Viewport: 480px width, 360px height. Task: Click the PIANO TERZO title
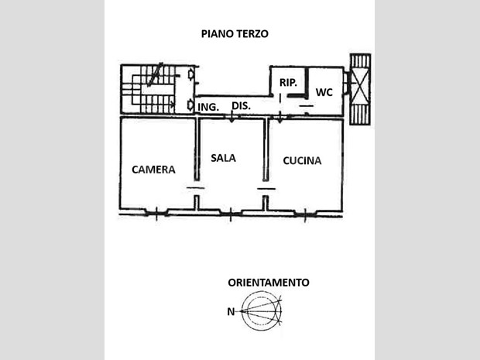pyautogui.click(x=235, y=33)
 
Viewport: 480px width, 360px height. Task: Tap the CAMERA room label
pyautogui.click(x=153, y=170)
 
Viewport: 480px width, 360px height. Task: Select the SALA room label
pyautogui.click(x=224, y=158)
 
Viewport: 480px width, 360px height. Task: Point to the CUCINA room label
pyautogui.click(x=302, y=160)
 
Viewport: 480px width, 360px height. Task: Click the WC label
pyautogui.click(x=324, y=92)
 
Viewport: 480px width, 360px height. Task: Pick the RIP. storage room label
pyautogui.click(x=288, y=82)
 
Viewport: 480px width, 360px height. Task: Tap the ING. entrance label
pyautogui.click(x=208, y=107)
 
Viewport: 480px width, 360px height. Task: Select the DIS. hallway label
pyautogui.click(x=242, y=106)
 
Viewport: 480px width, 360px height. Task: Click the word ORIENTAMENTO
pyautogui.click(x=269, y=283)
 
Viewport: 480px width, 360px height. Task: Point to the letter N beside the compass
pyautogui.click(x=231, y=312)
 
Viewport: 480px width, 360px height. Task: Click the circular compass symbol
pyautogui.click(x=261, y=311)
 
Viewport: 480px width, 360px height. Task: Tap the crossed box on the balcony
pyautogui.click(x=360, y=89)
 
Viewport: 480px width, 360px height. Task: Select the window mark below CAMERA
pyautogui.click(x=156, y=212)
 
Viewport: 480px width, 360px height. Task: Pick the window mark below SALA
pyautogui.click(x=231, y=214)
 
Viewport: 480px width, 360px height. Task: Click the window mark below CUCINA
pyautogui.click(x=305, y=214)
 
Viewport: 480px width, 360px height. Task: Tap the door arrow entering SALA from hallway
pyautogui.click(x=231, y=117)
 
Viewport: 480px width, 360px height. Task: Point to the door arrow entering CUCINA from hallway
pyautogui.click(x=279, y=117)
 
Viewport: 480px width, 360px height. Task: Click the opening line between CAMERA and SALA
pyautogui.click(x=196, y=187)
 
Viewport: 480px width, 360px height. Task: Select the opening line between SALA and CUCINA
pyautogui.click(x=266, y=189)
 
